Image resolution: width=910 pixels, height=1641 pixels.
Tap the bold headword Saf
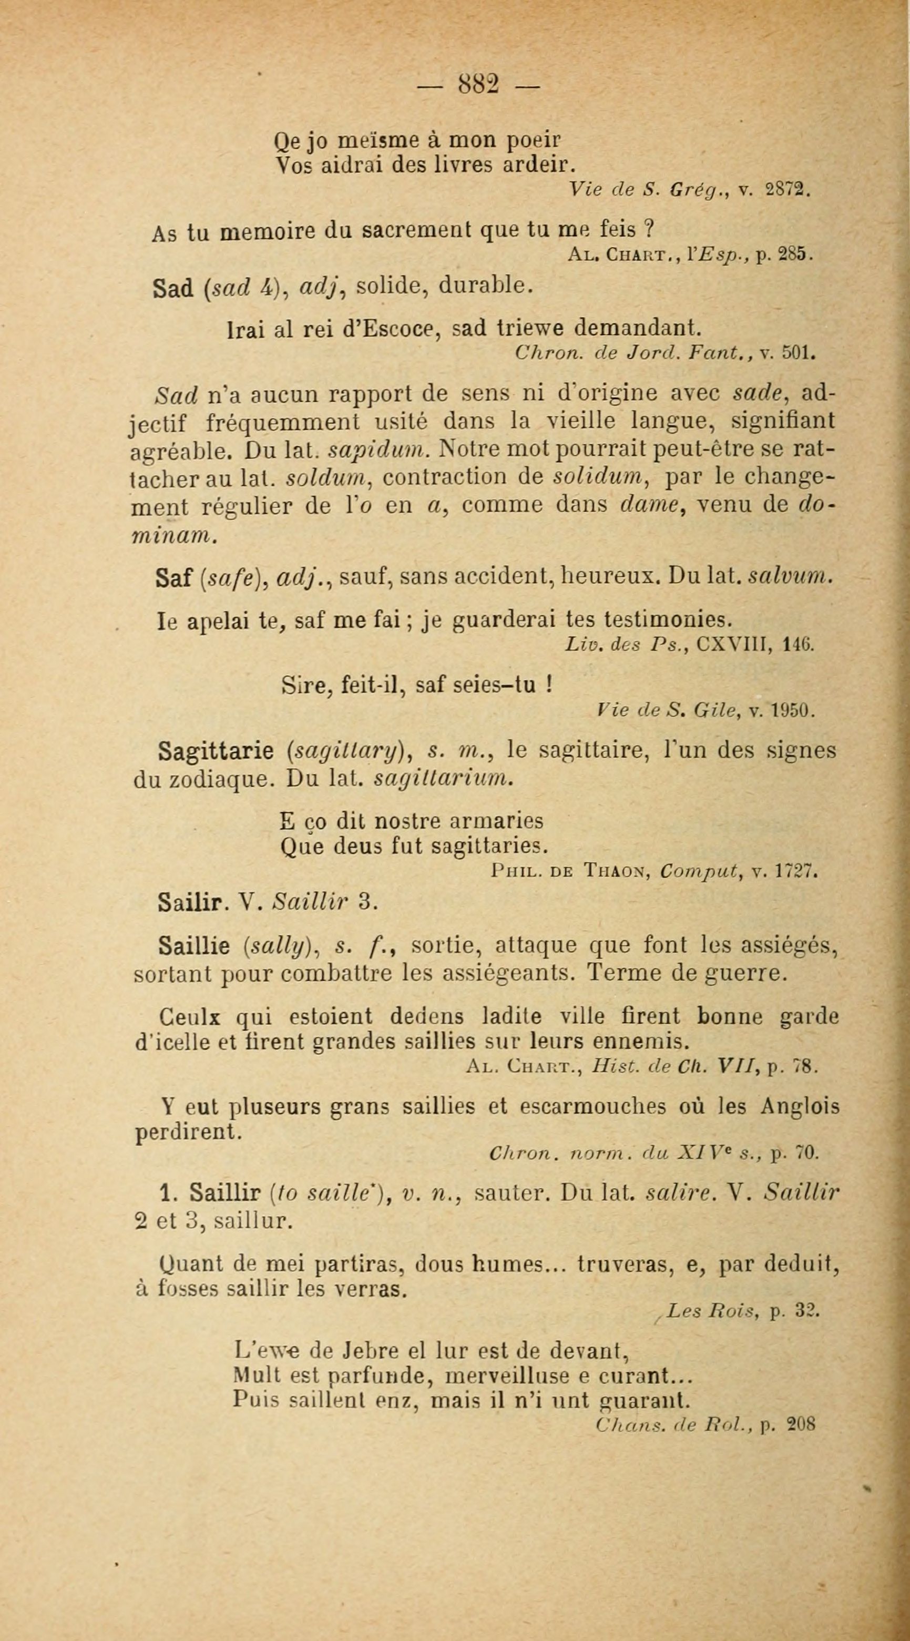(x=173, y=577)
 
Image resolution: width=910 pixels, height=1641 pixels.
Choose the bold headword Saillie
(x=193, y=947)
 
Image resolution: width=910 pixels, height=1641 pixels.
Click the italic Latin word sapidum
(x=380, y=450)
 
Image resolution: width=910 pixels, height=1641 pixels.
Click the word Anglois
(x=800, y=1106)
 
